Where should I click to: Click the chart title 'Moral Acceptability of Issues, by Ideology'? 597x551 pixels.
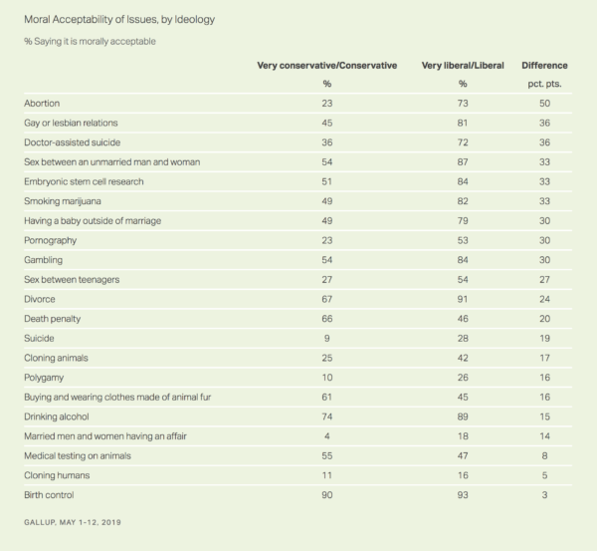click(119, 20)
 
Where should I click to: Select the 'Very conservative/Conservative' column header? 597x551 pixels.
click(327, 66)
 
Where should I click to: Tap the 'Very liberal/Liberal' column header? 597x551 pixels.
click(463, 66)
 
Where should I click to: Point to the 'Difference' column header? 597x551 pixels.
click(544, 66)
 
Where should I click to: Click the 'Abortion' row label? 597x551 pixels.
click(42, 104)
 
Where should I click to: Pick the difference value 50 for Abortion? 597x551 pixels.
click(544, 104)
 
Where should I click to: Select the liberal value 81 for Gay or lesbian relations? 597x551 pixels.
click(463, 123)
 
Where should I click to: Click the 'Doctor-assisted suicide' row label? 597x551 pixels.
click(72, 142)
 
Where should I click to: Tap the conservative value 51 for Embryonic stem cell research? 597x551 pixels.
click(327, 181)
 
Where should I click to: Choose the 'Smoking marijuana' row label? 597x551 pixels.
click(63, 201)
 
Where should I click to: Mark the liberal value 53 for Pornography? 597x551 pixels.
click(463, 240)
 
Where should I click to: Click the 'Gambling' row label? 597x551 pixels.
click(43, 260)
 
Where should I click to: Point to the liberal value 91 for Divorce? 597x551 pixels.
click(463, 299)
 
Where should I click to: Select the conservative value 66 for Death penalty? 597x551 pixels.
click(327, 319)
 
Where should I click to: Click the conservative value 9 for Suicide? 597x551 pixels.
click(327, 338)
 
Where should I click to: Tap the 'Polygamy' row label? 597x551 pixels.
click(44, 378)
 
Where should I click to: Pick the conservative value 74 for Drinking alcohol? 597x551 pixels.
click(327, 416)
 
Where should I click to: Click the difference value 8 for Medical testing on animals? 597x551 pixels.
click(544, 455)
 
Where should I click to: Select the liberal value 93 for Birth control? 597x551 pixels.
click(463, 495)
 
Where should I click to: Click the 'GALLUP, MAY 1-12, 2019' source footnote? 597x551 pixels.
click(73, 522)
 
